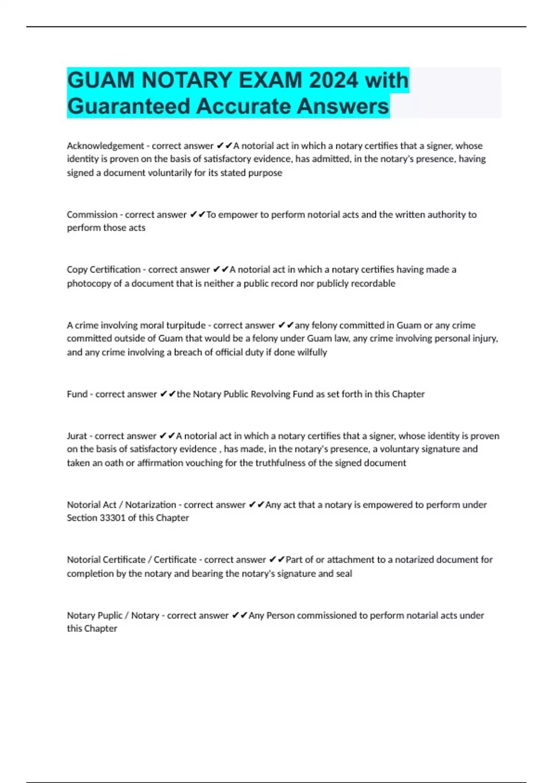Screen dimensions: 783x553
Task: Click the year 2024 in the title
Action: [333, 80]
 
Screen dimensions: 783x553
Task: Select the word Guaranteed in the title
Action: [129, 106]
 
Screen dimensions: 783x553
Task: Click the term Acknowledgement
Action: [106, 146]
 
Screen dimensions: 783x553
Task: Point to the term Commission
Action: [92, 215]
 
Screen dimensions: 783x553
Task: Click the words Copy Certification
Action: [104, 269]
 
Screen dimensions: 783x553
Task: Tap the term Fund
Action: [77, 394]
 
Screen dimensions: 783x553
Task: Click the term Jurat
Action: [77, 436]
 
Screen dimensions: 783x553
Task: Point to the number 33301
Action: [112, 518]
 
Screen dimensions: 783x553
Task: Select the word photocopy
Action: [88, 284]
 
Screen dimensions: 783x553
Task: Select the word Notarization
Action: [151, 505]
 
